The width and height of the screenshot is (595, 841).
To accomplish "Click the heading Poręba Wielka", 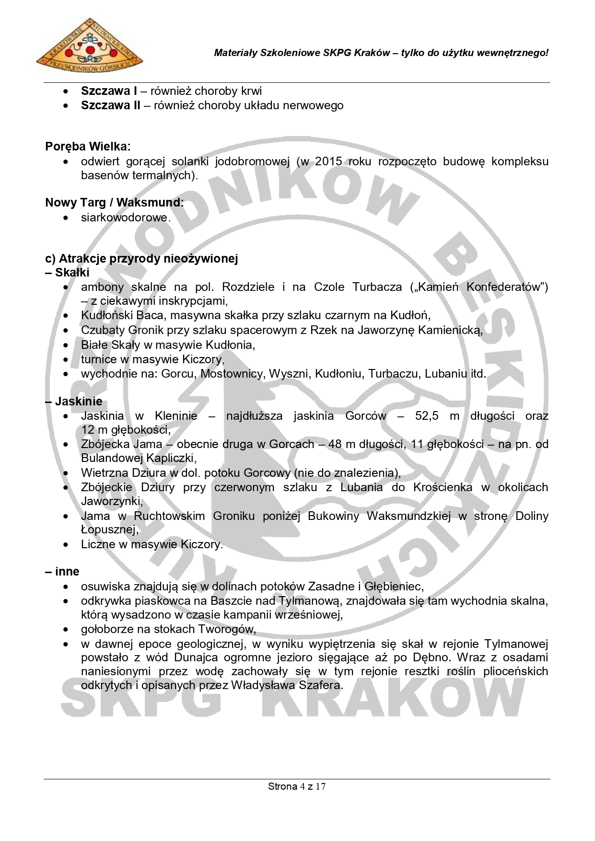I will [x=88, y=146].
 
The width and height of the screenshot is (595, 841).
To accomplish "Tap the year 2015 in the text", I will [x=328, y=161].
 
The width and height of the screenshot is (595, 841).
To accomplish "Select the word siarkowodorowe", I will [x=126, y=218].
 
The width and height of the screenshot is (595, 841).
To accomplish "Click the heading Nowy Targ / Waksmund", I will [x=114, y=203].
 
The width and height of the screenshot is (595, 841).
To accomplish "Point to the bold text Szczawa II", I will [x=110, y=105].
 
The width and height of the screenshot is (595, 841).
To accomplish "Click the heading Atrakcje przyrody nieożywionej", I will [x=141, y=259].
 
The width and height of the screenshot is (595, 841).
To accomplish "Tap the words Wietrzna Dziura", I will [x=119, y=473].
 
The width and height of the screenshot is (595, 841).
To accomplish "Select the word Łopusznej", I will [x=110, y=530].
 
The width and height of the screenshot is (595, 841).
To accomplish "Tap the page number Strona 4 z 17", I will [x=297, y=786].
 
